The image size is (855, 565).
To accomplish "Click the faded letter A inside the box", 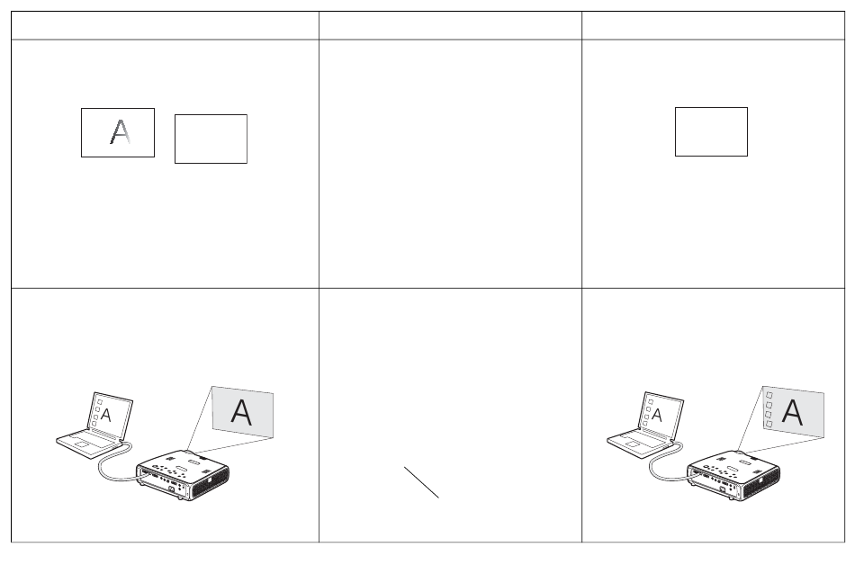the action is [120, 132].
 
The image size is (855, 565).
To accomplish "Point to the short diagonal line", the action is [421, 482].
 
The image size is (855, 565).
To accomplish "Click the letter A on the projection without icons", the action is [241, 412].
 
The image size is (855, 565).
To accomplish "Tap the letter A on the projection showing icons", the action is [792, 412].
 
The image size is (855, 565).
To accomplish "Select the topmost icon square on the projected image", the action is [769, 395].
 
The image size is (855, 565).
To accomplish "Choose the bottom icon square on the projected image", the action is [769, 424].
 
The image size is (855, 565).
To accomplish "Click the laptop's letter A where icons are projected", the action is [657, 415].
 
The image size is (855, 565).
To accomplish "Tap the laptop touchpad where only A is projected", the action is [82, 444].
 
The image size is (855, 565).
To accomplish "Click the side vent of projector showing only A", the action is [210, 484].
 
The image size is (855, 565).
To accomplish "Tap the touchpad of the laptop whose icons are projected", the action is [633, 444].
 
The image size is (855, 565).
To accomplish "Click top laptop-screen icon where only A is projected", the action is [99, 402].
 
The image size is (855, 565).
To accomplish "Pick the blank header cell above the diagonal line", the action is [450, 25].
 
